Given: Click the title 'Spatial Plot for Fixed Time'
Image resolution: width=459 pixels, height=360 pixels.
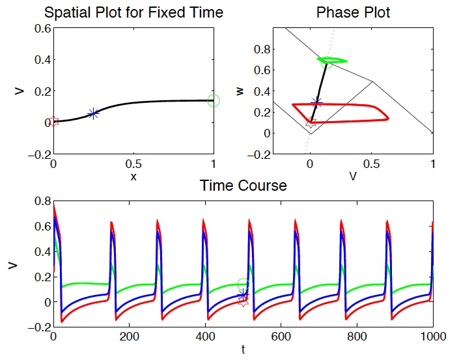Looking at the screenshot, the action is pos(133,12).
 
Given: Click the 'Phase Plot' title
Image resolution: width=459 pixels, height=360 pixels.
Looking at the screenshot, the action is pos(353,12).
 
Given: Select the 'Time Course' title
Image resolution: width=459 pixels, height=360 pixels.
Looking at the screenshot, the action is pos(243,186).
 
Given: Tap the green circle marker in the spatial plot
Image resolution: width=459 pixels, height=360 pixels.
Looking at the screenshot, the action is pos(214,101).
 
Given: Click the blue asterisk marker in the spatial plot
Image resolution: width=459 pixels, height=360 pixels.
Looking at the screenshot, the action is pos(93,113).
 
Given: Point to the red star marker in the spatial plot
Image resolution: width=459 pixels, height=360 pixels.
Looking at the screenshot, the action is pos(53,122).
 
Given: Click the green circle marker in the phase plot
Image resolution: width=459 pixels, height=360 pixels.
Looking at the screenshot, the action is pos(327,62).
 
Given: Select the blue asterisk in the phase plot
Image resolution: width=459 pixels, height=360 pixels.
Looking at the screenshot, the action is pos(316,103).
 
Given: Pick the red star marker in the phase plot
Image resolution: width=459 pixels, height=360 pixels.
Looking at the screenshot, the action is pos(311,122).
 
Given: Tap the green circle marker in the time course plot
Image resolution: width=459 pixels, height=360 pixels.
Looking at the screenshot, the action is pos(243,284).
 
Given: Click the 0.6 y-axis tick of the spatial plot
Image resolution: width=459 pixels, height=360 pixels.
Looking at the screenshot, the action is pos(43,29).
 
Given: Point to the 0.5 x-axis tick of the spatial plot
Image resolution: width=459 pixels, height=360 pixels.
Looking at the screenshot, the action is pos(133,164).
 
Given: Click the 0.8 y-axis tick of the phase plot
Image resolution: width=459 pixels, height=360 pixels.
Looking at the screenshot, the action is pos(262,49).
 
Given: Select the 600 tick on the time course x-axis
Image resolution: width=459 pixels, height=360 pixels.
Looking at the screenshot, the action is pos(281,337).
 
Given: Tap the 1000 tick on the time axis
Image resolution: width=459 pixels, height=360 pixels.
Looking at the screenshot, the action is pos(433,337).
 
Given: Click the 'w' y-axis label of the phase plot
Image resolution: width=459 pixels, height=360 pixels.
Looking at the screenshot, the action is pos(240,91).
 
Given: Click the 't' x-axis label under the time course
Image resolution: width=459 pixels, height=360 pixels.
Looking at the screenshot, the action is pos(243,350).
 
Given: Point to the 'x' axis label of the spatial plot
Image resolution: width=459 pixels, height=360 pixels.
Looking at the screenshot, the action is pos(133,177).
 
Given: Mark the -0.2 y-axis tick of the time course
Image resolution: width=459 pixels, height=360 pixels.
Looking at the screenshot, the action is pos(40,327).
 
